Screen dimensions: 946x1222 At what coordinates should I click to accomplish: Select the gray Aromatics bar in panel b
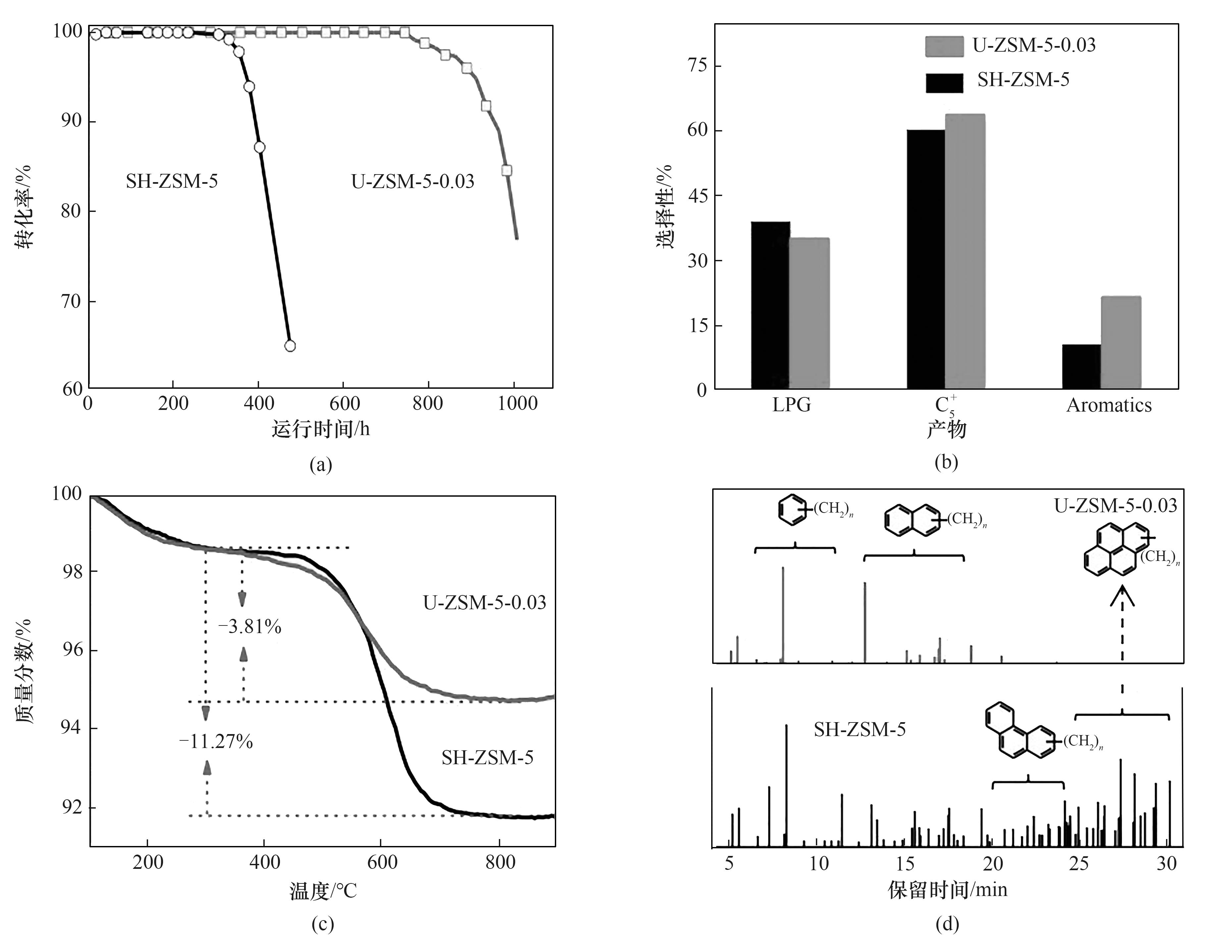coord(1121,342)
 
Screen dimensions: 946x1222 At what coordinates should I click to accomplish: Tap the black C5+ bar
coord(926,259)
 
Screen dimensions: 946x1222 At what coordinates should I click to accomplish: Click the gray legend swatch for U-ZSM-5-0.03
coord(944,46)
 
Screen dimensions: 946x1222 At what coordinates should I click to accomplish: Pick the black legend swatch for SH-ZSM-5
coord(944,82)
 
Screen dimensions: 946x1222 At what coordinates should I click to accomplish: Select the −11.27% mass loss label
coord(216,742)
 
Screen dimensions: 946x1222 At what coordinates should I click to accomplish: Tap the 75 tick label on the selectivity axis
coord(697,66)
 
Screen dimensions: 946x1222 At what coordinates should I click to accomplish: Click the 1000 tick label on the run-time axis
coord(517,403)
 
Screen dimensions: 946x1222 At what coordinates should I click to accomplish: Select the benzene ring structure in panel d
coord(793,509)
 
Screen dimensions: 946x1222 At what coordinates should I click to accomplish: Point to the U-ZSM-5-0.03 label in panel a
coord(412,181)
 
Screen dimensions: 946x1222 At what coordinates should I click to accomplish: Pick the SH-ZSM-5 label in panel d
coord(859,729)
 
